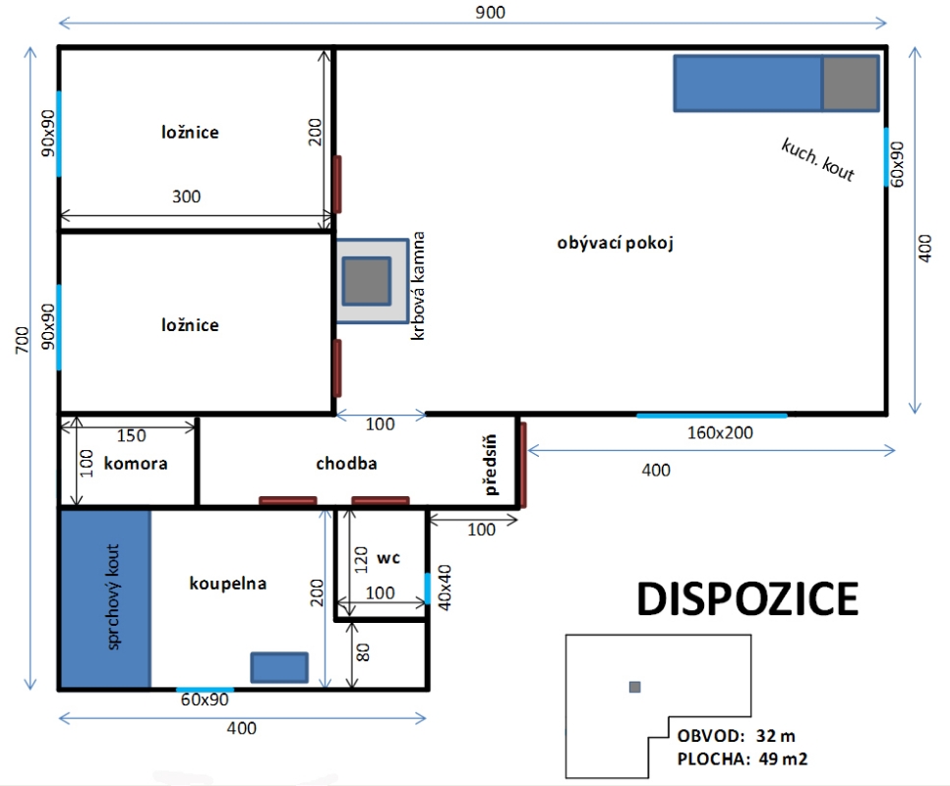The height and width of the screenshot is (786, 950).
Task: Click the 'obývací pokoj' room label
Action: pyautogui.click(x=615, y=244)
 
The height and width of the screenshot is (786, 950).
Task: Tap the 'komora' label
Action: pyautogui.click(x=136, y=464)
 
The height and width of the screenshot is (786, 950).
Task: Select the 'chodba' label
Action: pyautogui.click(x=346, y=464)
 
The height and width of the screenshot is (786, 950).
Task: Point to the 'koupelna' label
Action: pyautogui.click(x=228, y=584)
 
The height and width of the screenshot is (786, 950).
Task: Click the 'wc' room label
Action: pyautogui.click(x=388, y=557)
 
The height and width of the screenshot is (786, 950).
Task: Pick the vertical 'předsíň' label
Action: pyautogui.click(x=491, y=465)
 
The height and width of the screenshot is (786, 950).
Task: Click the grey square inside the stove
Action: pyautogui.click(x=367, y=281)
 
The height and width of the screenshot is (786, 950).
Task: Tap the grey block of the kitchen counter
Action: pyautogui.click(x=850, y=84)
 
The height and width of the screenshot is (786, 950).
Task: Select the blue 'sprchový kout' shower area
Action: pyautogui.click(x=105, y=598)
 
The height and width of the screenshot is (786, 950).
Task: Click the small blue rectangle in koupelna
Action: pyautogui.click(x=279, y=667)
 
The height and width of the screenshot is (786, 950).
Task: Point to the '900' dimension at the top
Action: pyautogui.click(x=490, y=12)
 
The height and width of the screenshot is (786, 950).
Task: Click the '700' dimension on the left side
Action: pyautogui.click(x=22, y=340)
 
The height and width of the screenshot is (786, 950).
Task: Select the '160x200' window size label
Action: pyautogui.click(x=721, y=432)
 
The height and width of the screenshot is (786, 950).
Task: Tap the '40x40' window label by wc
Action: pyautogui.click(x=445, y=587)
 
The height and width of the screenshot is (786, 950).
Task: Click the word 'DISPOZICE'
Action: pyautogui.click(x=747, y=599)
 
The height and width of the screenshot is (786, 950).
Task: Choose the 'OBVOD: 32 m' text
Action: pyautogui.click(x=737, y=736)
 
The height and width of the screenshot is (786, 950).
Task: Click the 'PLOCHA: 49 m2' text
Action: pyautogui.click(x=742, y=758)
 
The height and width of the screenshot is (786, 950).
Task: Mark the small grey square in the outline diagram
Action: pyautogui.click(x=635, y=687)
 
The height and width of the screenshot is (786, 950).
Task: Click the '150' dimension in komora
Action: pyautogui.click(x=132, y=435)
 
